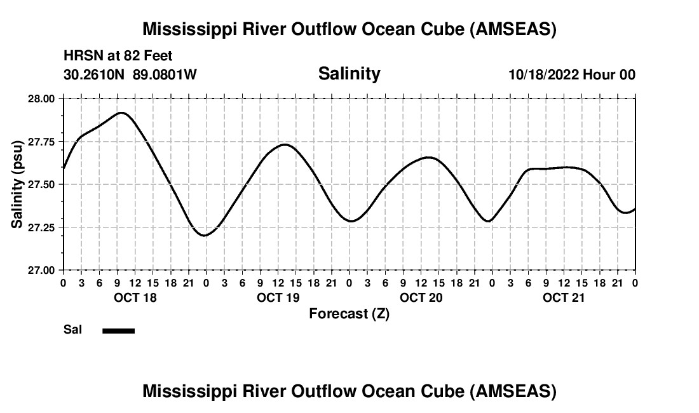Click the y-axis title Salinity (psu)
(18, 184)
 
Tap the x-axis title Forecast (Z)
(349, 313)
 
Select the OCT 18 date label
(135, 297)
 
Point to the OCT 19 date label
(278, 297)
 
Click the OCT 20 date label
(421, 297)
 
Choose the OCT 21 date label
(564, 297)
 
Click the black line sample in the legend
(118, 330)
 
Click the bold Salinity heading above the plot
(349, 74)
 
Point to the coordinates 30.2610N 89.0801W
(130, 74)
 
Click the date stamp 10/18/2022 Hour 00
(572, 74)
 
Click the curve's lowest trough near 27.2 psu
(205, 236)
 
